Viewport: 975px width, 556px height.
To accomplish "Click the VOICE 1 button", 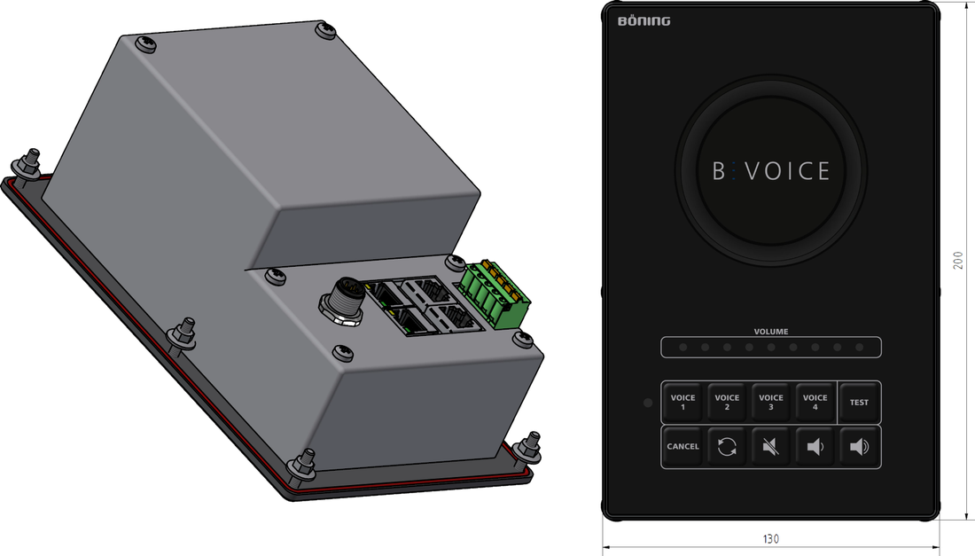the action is tap(682, 403).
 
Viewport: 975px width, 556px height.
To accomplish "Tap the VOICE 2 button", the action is tap(727, 403).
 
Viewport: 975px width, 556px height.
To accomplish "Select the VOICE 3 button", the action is tap(771, 403).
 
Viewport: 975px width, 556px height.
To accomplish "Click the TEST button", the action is tap(860, 403).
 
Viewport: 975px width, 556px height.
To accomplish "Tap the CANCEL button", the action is tap(682, 447).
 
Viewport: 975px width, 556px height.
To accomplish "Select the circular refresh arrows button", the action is tap(727, 447).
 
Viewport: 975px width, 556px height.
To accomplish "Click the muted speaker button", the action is tap(771, 447).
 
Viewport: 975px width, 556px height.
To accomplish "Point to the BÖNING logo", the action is tap(643, 21).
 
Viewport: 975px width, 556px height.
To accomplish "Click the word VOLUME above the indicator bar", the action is tap(771, 332).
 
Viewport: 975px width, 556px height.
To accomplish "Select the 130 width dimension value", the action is tap(770, 538).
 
